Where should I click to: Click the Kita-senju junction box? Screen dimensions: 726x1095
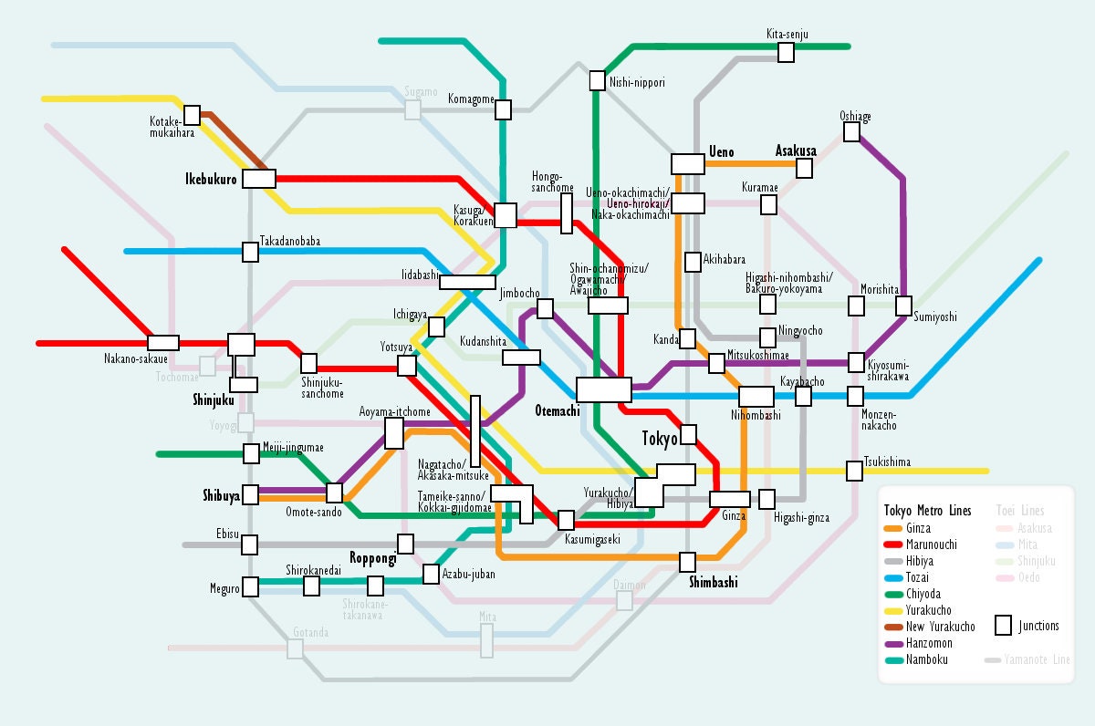coord(786,53)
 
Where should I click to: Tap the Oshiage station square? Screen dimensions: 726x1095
coord(851,132)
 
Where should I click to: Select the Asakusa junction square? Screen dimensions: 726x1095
coord(804,168)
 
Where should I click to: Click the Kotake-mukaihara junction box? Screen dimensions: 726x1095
coord(192,115)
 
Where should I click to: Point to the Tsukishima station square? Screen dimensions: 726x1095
coord(855,471)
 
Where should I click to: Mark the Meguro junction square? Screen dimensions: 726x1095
coord(250,586)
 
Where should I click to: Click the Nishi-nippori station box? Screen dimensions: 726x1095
coord(598,80)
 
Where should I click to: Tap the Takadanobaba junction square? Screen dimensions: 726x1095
coord(250,252)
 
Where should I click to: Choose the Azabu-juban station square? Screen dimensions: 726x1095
coord(431,575)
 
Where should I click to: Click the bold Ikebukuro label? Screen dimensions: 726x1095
coord(211,179)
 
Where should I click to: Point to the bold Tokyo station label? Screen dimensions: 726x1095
coord(660,439)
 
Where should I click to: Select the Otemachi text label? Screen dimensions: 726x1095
coord(557,411)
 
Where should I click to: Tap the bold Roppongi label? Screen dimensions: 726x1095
coord(372,558)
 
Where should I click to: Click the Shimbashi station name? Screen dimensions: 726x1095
coord(713,583)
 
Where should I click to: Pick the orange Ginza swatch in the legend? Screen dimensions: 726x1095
coord(892,528)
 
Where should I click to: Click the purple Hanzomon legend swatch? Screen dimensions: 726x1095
coord(892,643)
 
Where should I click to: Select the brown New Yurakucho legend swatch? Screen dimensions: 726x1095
coord(892,627)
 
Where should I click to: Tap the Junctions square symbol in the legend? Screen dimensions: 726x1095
coord(1003,626)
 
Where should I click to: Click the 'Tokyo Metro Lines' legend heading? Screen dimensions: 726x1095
coord(927,511)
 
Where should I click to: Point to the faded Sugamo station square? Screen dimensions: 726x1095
coord(413,109)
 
